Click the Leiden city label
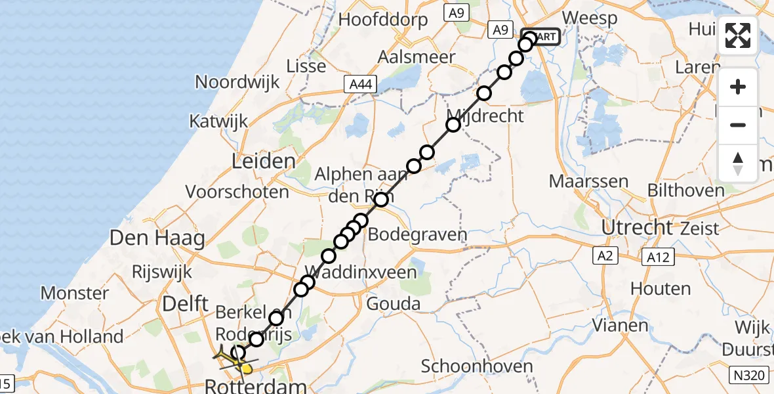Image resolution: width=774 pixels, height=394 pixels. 262,162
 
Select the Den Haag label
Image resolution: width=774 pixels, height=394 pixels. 157,238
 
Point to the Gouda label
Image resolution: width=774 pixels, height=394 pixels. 393,303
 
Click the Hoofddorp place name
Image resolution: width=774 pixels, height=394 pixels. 383,20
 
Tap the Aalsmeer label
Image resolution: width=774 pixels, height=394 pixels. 417,57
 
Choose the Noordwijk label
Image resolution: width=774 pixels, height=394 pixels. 237,82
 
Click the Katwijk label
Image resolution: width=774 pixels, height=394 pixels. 218,121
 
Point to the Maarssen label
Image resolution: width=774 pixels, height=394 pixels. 580,181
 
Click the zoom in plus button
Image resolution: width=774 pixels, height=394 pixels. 738,87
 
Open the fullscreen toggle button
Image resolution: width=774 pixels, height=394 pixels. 738,35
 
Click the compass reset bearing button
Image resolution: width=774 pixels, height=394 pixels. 738,163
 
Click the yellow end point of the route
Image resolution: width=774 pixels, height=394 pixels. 247,369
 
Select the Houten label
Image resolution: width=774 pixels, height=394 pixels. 661,288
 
